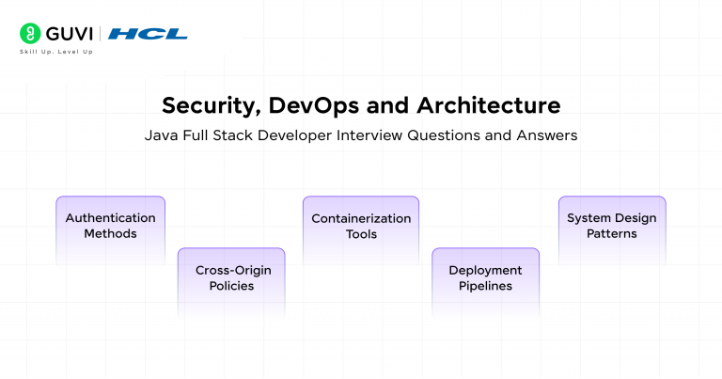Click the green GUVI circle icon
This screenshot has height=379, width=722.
click(30, 34)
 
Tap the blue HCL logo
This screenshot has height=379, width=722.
click(148, 34)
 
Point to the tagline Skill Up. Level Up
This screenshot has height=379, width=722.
click(56, 52)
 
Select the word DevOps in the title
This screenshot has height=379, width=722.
click(314, 106)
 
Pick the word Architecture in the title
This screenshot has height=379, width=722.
click(489, 105)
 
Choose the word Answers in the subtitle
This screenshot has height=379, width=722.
click(547, 135)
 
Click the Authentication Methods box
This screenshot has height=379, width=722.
click(111, 231)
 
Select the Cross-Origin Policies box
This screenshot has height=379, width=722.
click(231, 283)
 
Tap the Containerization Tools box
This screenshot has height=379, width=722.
click(361, 231)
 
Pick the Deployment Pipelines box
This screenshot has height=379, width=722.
click(485, 283)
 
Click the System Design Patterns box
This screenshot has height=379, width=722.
click(612, 231)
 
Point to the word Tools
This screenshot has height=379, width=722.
click(361, 234)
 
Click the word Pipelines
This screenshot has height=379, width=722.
click(485, 286)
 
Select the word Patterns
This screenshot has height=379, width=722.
click(612, 234)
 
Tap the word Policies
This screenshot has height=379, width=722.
click(231, 286)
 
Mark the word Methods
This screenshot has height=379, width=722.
click(111, 234)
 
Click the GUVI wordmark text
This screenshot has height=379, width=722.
click(70, 34)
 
